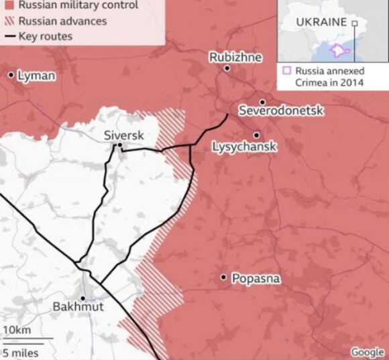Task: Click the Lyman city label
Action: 36,75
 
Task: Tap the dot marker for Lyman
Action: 11,74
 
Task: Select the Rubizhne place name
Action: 235,57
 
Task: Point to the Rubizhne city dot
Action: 227,68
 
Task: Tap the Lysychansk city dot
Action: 256,135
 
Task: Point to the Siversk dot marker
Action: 119,145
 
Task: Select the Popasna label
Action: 256,278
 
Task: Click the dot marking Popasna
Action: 223,277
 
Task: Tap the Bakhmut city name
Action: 78,307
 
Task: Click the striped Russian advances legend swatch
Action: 9,21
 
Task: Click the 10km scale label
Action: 16,331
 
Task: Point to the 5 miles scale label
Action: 20,353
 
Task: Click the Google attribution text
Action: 367,352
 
